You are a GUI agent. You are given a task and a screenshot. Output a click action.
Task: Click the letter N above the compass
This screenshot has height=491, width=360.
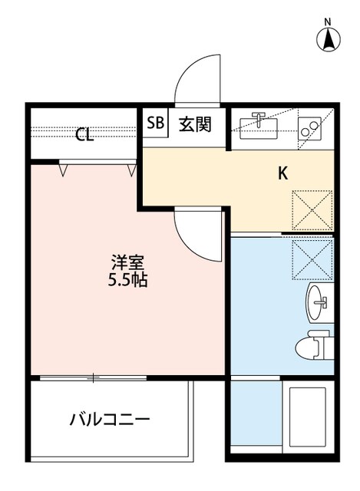(328, 21)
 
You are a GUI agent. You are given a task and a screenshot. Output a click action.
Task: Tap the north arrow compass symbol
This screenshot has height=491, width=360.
(328, 39)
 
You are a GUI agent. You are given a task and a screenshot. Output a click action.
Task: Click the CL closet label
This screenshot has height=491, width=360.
(84, 136)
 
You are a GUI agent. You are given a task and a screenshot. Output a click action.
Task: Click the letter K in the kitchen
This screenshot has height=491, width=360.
(282, 173)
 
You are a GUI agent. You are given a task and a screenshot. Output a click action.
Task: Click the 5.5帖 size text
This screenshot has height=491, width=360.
(127, 280)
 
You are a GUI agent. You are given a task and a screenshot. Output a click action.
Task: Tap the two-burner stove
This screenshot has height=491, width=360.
(311, 127)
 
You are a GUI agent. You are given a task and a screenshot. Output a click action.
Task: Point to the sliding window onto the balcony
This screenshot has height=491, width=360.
(92, 377)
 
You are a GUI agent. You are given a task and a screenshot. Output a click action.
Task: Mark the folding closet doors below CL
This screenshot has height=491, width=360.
(97, 164)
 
